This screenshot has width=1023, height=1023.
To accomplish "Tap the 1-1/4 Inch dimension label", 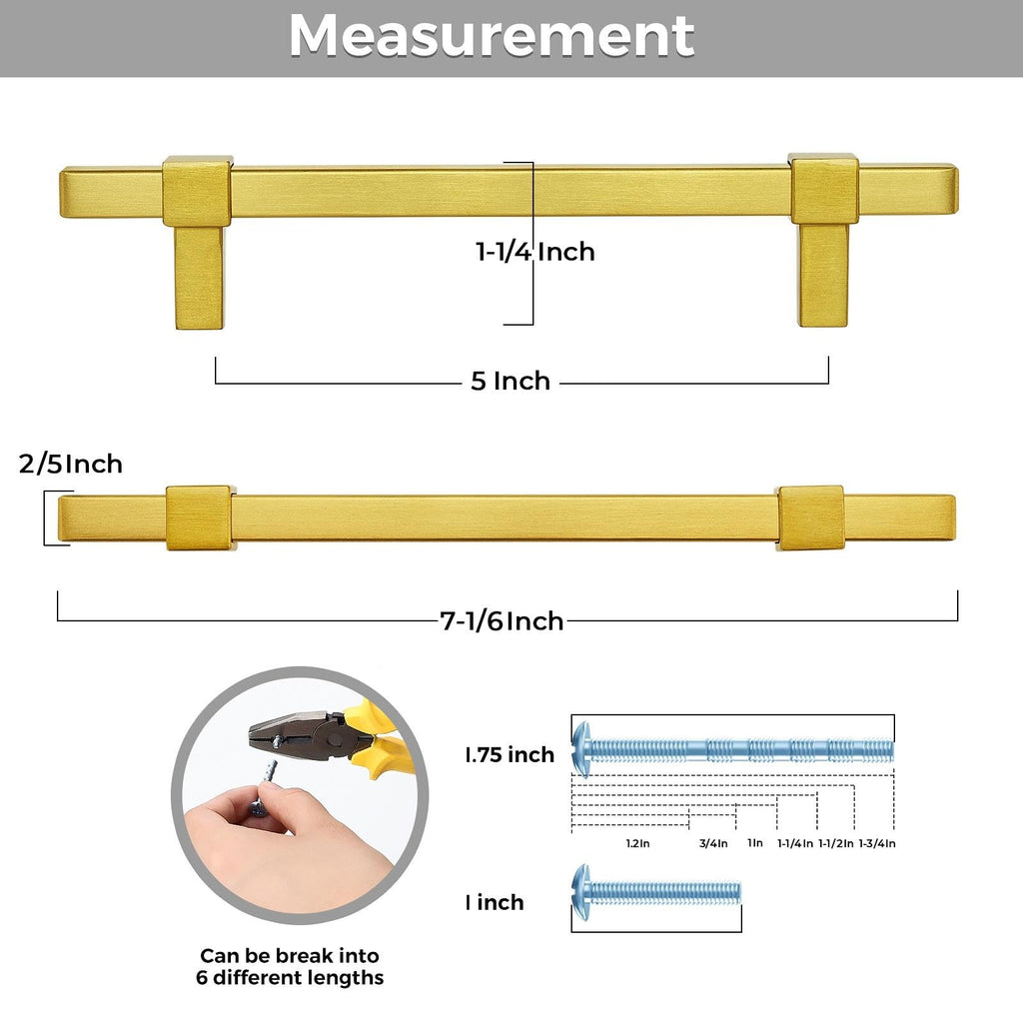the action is (x=535, y=252).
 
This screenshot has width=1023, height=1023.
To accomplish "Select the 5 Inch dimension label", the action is (x=511, y=381).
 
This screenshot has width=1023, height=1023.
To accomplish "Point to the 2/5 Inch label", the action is (x=71, y=464).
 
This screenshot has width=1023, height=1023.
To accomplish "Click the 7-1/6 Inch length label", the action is (x=502, y=621).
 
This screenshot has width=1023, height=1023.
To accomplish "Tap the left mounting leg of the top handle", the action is (x=199, y=277).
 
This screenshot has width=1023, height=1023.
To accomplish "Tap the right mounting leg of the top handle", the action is (x=823, y=275).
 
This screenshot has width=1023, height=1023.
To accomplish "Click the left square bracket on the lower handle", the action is (x=199, y=518).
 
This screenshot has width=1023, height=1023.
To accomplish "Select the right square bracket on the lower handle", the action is (x=810, y=518).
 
